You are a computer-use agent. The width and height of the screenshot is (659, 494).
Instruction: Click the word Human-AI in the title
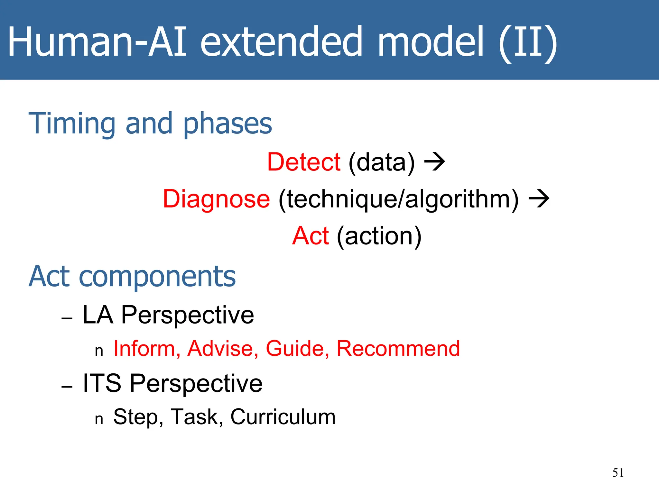click(x=97, y=42)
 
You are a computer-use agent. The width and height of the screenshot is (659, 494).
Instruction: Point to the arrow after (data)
click(x=434, y=162)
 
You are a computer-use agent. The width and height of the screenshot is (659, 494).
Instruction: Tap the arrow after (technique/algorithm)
click(x=539, y=199)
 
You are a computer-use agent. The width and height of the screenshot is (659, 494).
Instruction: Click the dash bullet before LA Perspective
click(x=67, y=318)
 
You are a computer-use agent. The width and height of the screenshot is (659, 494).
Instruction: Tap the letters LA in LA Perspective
click(x=98, y=315)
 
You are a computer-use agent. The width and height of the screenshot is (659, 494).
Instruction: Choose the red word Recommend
click(x=398, y=349)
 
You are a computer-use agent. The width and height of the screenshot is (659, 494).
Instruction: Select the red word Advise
click(x=222, y=349)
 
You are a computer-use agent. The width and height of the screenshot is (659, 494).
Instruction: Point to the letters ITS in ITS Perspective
click(x=102, y=383)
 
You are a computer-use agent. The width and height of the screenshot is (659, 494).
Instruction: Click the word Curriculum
click(x=283, y=417)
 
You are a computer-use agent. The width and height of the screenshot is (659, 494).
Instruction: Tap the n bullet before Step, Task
click(x=99, y=419)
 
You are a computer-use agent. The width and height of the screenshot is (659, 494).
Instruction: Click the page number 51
click(x=618, y=473)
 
